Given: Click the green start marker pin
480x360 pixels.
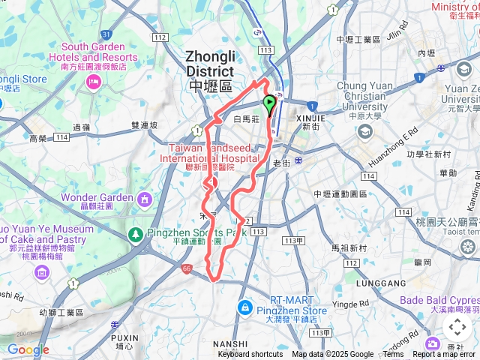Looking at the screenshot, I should pyautogui.click(x=269, y=104).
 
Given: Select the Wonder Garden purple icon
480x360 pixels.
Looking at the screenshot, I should pyautogui.click(x=143, y=199).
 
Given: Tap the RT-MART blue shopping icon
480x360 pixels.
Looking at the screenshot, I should pyautogui.click(x=244, y=307).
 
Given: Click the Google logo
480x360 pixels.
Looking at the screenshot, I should pyautogui.click(x=28, y=349).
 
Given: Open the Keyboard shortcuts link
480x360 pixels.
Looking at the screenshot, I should pyautogui.click(x=250, y=355).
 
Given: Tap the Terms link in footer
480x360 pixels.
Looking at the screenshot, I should pyautogui.click(x=393, y=355).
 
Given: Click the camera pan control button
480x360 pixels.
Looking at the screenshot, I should pyautogui.click(x=457, y=327).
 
